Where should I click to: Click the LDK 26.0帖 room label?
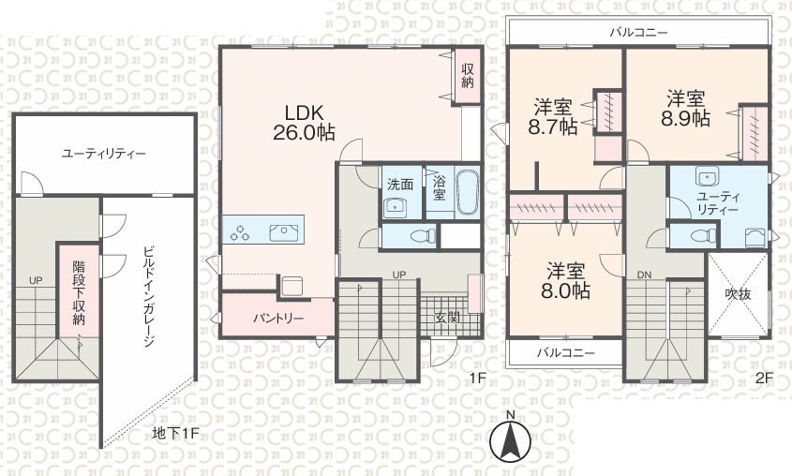[304, 122]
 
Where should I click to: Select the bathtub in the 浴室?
[467, 192]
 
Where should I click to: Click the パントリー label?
[277, 319]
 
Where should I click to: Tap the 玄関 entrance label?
[447, 319]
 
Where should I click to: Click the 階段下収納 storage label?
[79, 293]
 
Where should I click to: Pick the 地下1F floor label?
[176, 433]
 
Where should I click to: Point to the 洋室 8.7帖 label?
[553, 117]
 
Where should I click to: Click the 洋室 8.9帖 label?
[685, 108]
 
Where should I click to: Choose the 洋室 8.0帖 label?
[566, 281]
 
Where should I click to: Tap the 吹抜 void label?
[738, 294]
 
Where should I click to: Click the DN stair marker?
[644, 275]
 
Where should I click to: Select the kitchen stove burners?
[240, 232]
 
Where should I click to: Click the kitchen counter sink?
[283, 232]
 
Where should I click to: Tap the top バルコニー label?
[638, 33]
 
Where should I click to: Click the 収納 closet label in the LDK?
[467, 76]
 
